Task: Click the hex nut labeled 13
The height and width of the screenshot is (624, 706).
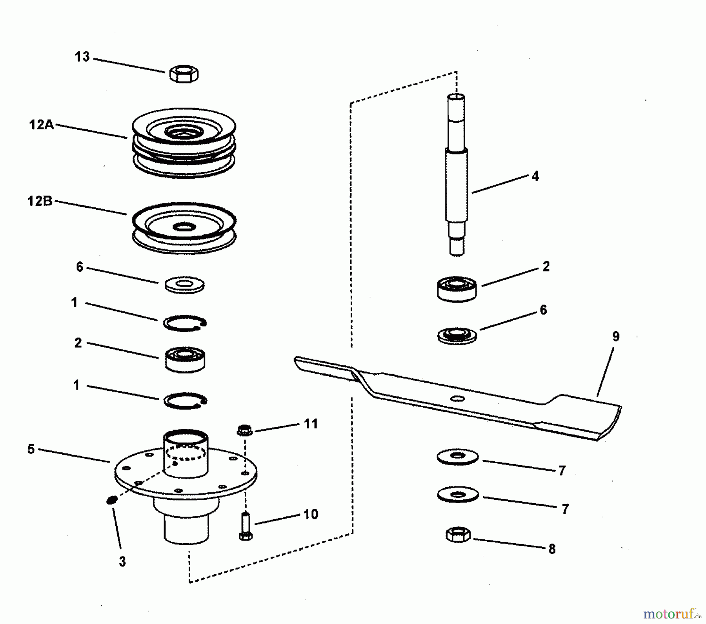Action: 184,74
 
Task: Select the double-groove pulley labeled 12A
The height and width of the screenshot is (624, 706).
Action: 184,143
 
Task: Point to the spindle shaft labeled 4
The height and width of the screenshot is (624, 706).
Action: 457,175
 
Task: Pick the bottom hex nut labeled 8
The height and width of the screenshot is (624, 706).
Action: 458,535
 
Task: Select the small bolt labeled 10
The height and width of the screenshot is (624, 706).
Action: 246,526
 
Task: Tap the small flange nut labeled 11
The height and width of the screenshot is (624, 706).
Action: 245,430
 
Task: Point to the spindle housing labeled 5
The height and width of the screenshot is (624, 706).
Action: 186,486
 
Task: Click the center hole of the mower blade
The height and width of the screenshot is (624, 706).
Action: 457,399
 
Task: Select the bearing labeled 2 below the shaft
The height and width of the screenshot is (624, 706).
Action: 457,289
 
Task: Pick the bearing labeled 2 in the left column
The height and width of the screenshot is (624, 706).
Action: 185,359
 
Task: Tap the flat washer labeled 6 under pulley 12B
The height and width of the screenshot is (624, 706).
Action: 184,285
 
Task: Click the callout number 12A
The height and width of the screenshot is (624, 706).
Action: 42,125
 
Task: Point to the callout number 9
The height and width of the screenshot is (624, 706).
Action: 616,336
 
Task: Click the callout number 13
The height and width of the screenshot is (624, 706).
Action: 82,57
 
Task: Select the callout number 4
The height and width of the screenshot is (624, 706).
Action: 535,176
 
